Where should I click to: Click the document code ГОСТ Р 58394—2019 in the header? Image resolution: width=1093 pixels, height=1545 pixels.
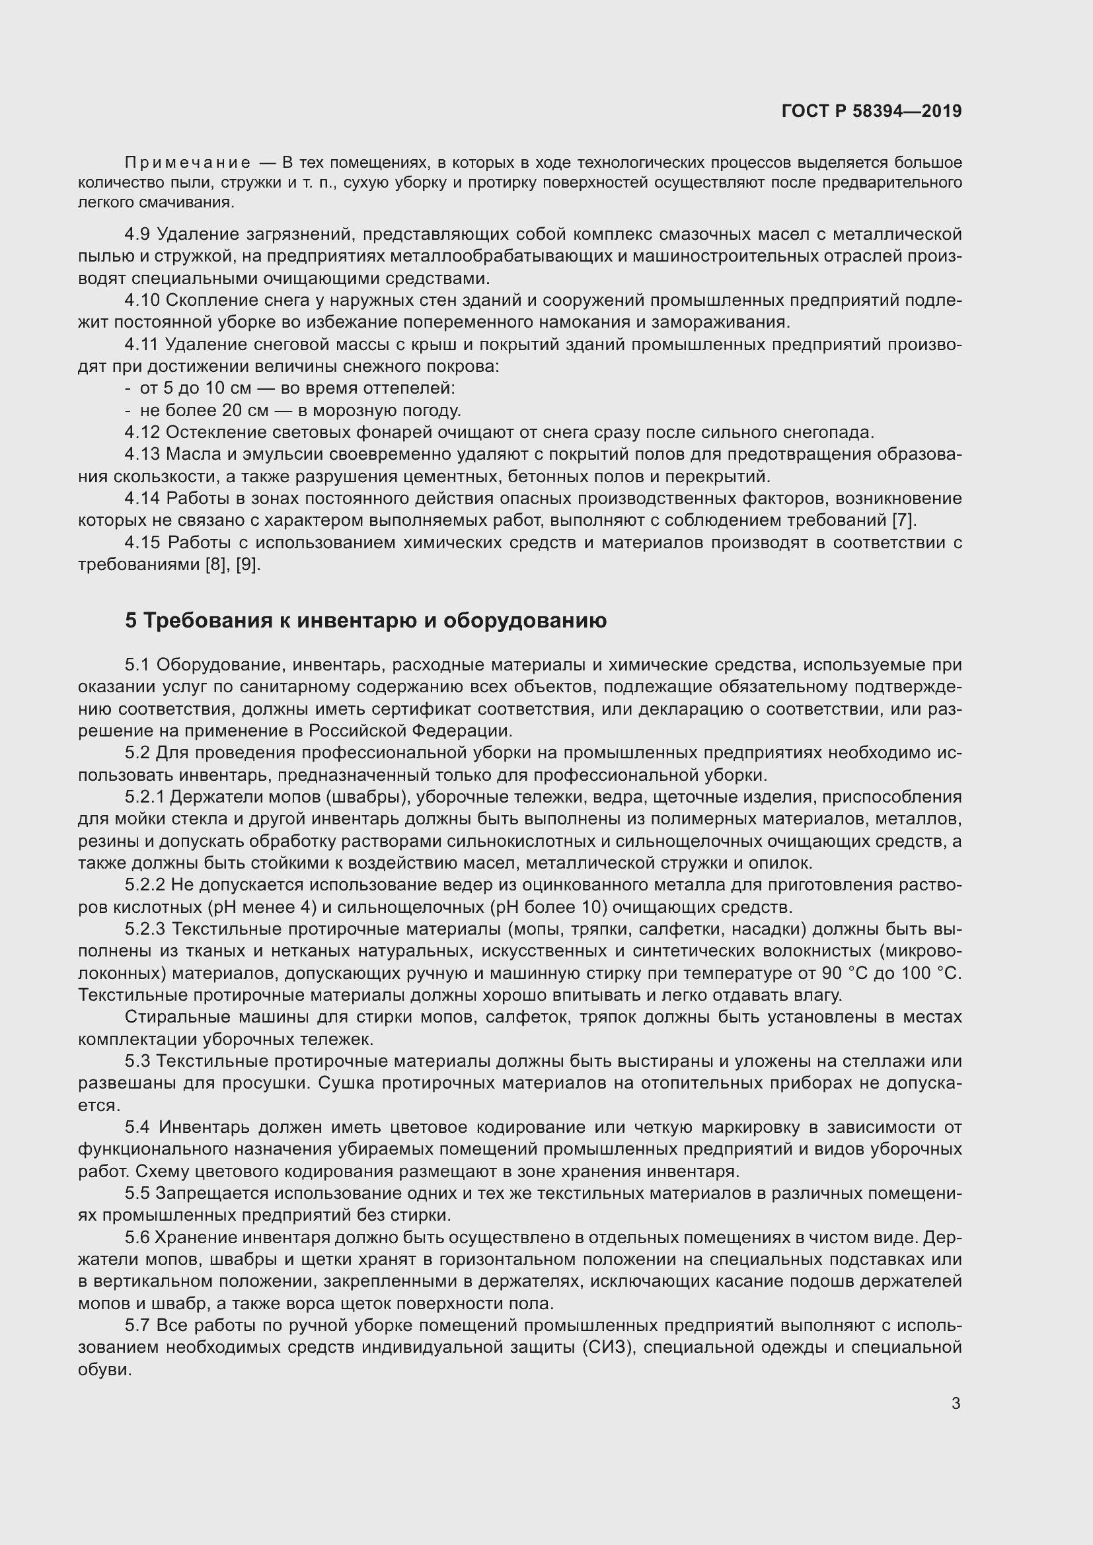tap(872, 111)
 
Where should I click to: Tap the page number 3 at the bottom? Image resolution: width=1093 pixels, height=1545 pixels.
tap(956, 1404)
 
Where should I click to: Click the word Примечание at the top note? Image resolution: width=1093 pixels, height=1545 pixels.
tap(188, 163)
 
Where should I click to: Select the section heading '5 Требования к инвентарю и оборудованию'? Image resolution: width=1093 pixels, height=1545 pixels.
tap(365, 620)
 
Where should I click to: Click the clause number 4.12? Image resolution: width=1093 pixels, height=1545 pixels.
tap(142, 432)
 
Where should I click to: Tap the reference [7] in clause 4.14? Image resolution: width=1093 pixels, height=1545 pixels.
tap(903, 520)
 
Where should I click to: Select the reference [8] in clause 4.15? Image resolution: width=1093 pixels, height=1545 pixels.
tap(215, 565)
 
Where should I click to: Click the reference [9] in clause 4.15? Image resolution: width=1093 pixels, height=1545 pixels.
tap(248, 565)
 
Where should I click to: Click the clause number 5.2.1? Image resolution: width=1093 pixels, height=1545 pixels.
tap(145, 797)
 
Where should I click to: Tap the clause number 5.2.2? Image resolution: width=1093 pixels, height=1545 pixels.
tap(145, 886)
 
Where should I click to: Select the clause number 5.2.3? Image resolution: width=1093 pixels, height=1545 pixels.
tap(145, 929)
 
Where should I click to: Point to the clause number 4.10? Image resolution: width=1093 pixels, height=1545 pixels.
tap(142, 300)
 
